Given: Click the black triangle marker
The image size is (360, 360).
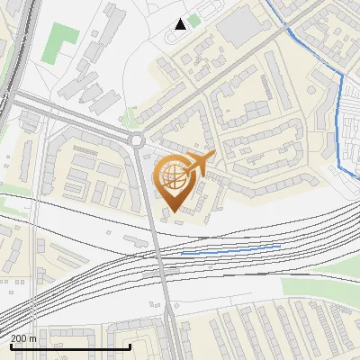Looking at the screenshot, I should pyautogui.click(x=181, y=24).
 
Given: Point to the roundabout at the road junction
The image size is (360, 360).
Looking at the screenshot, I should pyautogui.click(x=137, y=139).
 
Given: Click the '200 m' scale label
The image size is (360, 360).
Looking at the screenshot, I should pyautogui.click(x=24, y=338).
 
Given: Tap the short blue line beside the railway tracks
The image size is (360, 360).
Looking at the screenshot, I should pyautogui.click(x=230, y=249).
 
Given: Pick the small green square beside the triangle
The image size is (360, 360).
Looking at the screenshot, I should pyautogui.click(x=194, y=20).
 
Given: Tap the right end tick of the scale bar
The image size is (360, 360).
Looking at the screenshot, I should pyautogui.click(x=130, y=346).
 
